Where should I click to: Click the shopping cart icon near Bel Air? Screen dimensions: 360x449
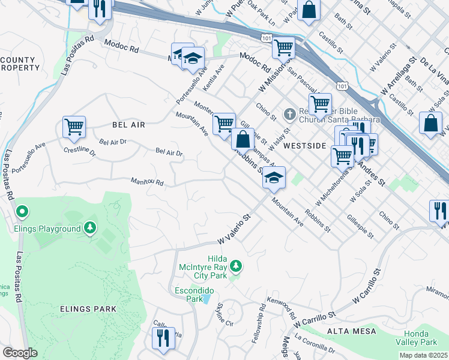[74, 127]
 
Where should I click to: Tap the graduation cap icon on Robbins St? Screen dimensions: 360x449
[274, 178]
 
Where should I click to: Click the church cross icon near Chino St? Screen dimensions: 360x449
[289, 113]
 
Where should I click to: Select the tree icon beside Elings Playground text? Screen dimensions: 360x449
[89, 228]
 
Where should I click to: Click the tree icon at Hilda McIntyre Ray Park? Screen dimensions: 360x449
[237, 265]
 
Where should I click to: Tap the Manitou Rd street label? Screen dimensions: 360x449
[147, 181]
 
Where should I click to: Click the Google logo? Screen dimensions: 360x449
[20, 352]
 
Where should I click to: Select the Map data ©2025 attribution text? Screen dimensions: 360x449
[423, 355]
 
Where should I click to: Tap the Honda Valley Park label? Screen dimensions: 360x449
[420, 337]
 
